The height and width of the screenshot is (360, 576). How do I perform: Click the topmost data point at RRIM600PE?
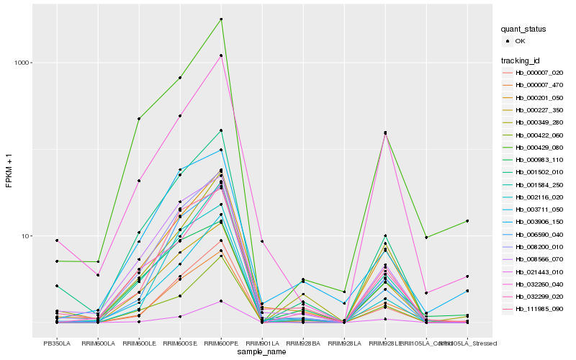221,19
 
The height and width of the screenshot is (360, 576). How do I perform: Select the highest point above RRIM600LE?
139,119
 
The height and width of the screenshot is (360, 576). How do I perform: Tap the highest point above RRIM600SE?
180,78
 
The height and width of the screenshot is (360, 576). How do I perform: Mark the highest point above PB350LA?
56,240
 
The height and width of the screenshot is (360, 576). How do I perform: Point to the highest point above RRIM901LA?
262,241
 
